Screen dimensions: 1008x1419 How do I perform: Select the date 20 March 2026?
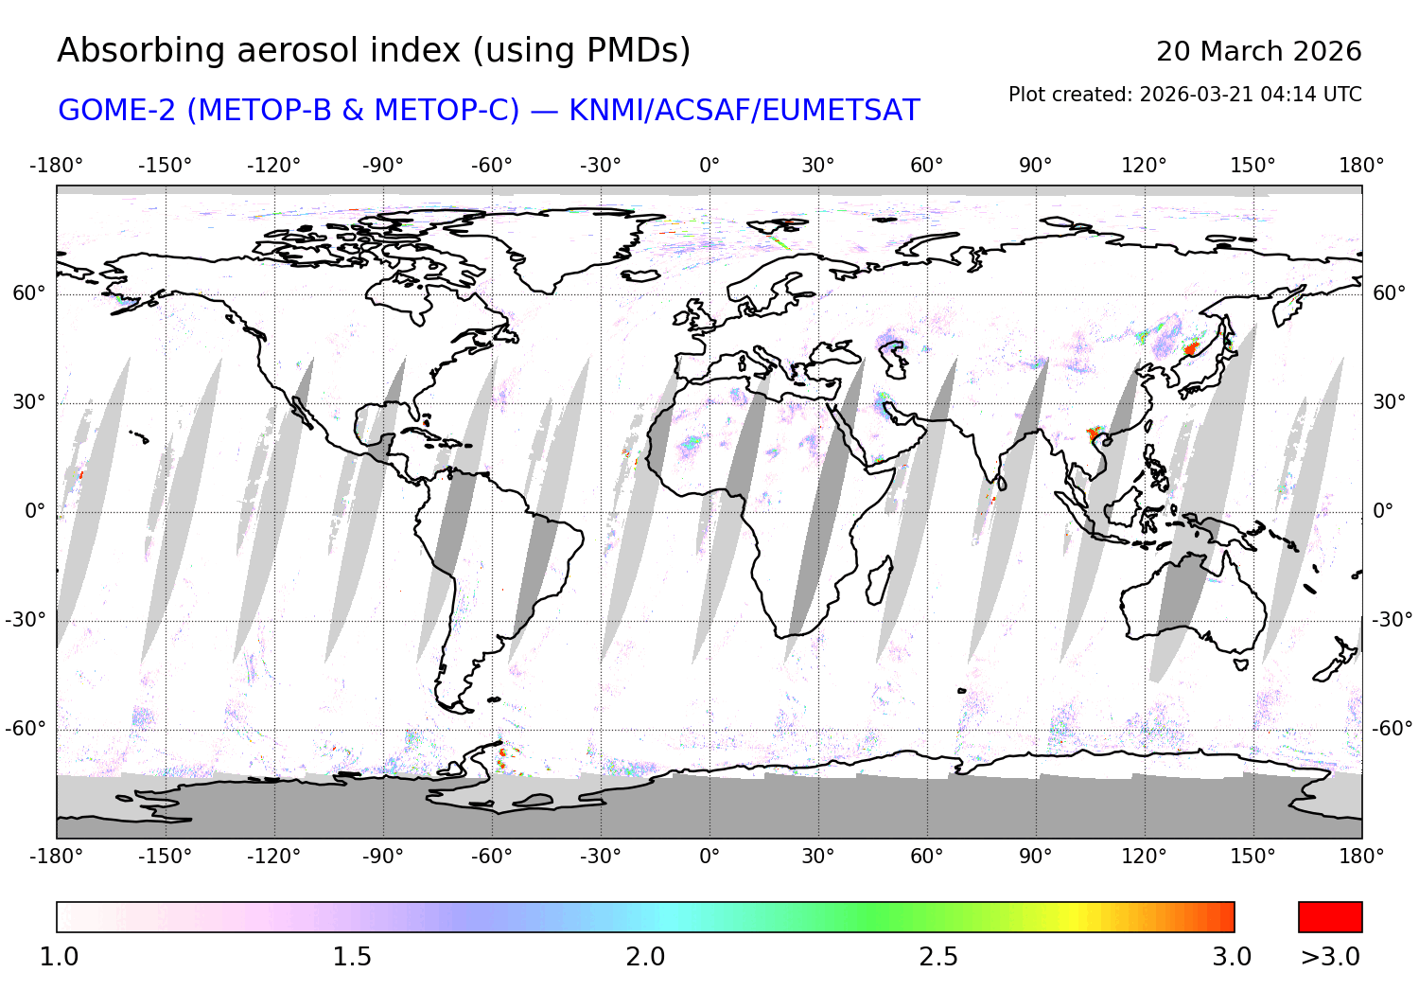click(1258, 52)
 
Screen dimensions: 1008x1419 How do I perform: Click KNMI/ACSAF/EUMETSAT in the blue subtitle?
click(744, 111)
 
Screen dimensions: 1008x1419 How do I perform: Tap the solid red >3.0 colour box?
click(1330, 917)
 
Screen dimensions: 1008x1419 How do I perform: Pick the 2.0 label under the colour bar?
click(645, 957)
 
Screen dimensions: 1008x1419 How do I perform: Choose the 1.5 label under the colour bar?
click(352, 957)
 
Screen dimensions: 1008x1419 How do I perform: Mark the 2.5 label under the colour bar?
click(938, 957)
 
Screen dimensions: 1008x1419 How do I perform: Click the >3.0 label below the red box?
click(1330, 957)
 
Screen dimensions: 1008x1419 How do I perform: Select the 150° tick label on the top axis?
click(1253, 166)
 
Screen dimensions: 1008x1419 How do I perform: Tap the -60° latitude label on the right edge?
click(1392, 729)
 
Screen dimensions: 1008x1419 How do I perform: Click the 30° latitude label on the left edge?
click(28, 402)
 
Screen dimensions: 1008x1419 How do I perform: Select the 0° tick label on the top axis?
click(709, 166)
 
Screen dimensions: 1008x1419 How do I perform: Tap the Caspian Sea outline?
click(892, 359)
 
